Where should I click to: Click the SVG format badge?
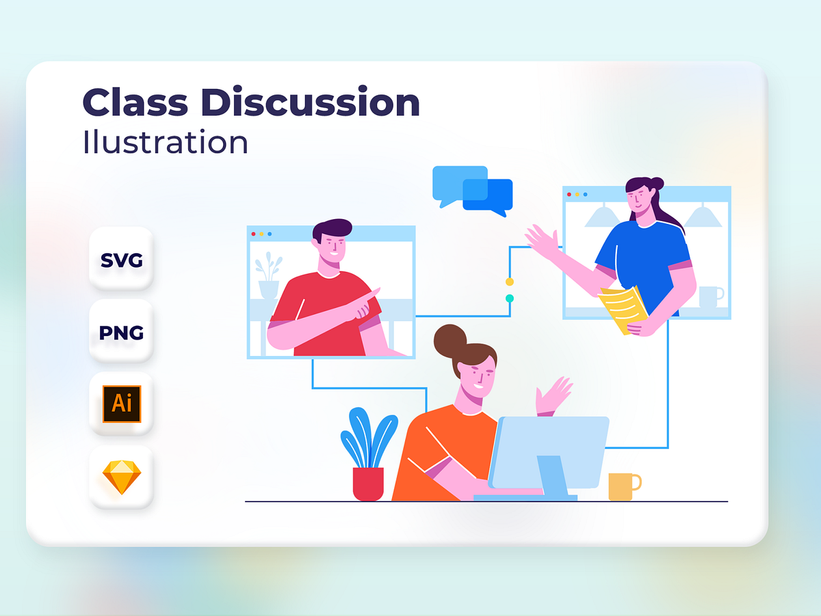(x=121, y=260)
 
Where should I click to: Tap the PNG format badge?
(x=121, y=333)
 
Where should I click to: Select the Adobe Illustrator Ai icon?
(x=121, y=404)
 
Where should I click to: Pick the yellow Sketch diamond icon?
(x=121, y=477)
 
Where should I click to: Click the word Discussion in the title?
(x=311, y=103)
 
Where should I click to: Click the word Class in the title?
(x=135, y=103)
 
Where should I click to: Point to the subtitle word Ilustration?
(x=165, y=142)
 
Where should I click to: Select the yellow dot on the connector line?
(x=510, y=281)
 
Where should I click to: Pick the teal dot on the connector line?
(x=510, y=298)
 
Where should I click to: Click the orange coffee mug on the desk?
(x=623, y=486)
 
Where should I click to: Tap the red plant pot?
(x=368, y=484)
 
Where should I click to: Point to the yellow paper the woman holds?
(x=623, y=308)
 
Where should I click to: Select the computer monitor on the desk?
(x=549, y=452)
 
